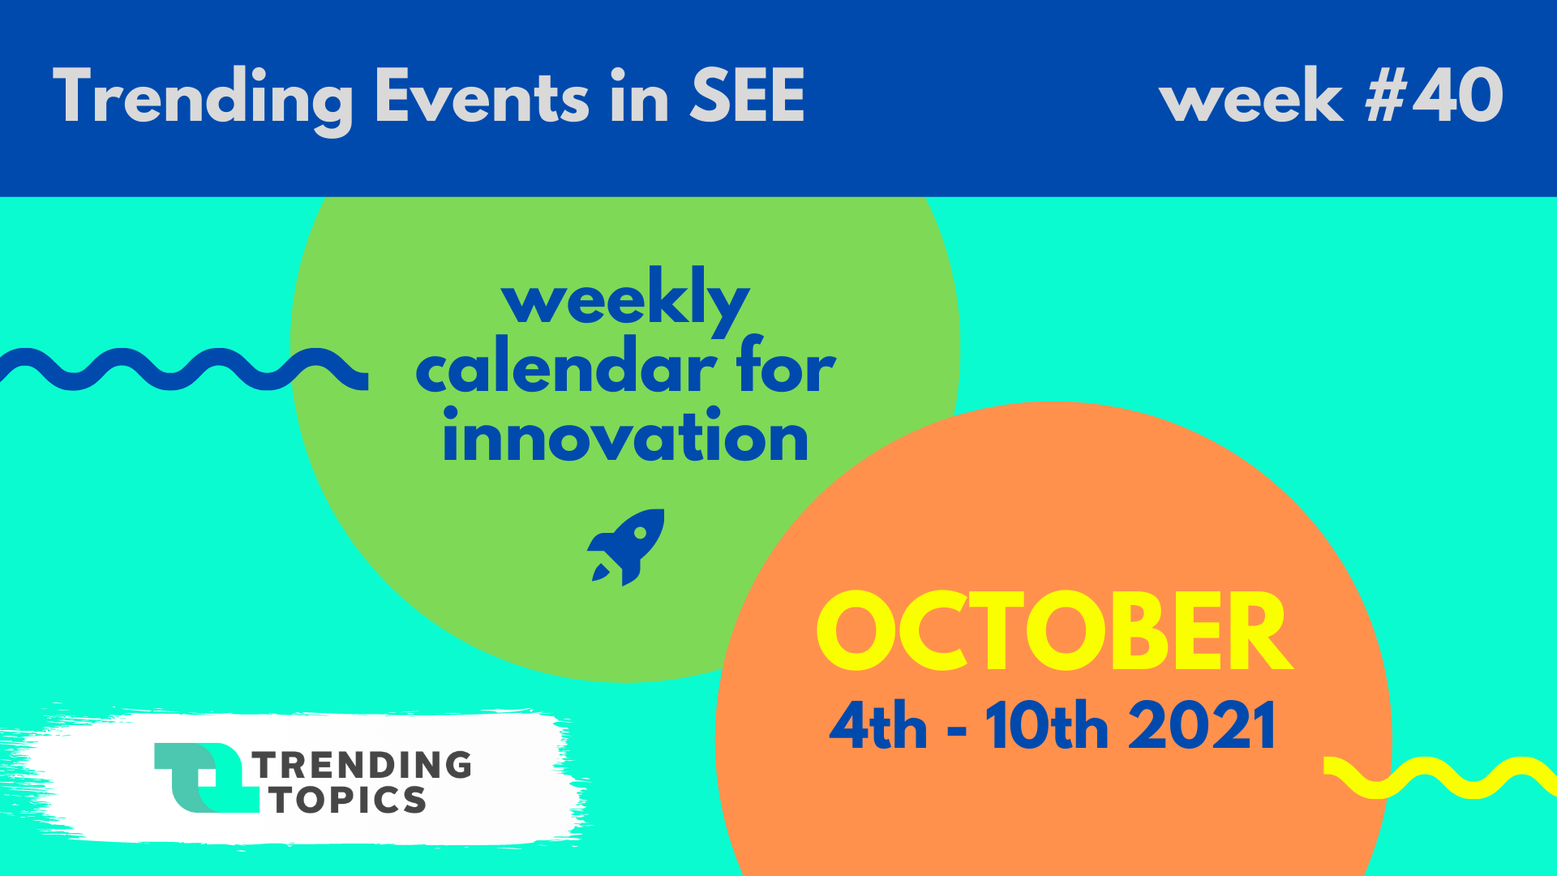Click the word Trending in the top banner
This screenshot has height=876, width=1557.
pos(204,98)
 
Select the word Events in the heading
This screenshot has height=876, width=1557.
pos(483,96)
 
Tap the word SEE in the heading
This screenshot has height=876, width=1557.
pos(747,96)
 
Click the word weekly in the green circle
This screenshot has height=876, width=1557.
pos(625,300)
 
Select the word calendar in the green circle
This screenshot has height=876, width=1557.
pos(566,367)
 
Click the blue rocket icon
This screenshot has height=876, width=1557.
pos(626,547)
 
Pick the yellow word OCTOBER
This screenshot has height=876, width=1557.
pos(1053,631)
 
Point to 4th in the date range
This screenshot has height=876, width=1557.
pos(877,725)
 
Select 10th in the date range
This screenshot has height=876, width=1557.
pos(1046,725)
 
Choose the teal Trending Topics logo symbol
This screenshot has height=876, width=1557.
pos(207,778)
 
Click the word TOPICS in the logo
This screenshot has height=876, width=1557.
pos(349,800)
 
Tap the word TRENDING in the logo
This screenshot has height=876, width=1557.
pos(362,765)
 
